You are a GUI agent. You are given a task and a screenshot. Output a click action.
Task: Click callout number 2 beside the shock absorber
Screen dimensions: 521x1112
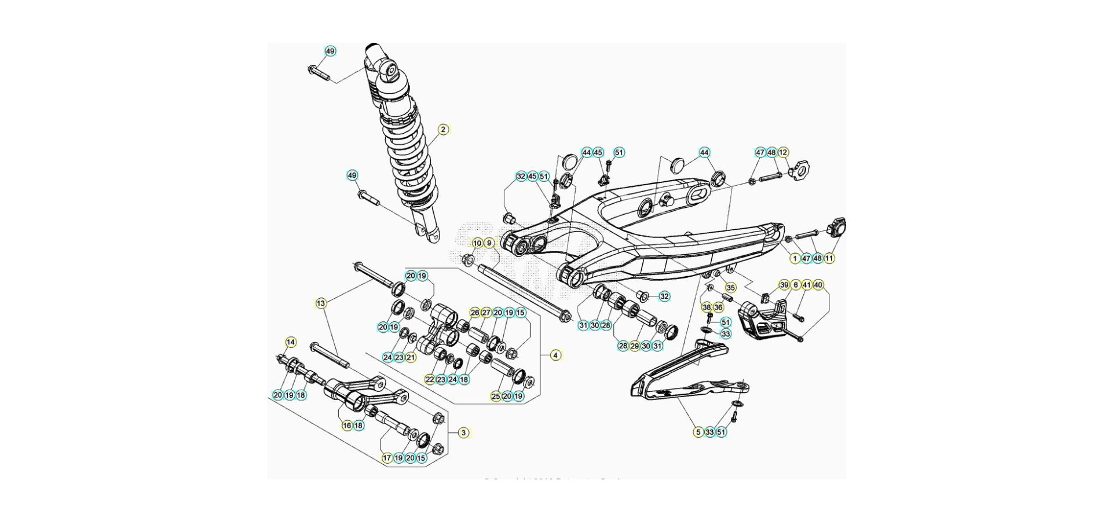pos(443,130)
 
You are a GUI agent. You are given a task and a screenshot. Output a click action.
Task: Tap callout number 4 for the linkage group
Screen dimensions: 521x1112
pos(555,355)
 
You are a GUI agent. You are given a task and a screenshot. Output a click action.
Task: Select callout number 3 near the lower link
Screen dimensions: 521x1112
pos(463,432)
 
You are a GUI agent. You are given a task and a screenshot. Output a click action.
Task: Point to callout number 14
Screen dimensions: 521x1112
pos(291,342)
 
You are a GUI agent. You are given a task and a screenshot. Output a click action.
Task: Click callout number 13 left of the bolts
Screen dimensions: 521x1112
pos(321,303)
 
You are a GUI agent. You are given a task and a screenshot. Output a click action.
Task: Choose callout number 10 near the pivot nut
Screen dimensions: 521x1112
pos(477,243)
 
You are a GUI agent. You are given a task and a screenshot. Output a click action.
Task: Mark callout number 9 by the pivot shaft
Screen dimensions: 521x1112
pos(489,243)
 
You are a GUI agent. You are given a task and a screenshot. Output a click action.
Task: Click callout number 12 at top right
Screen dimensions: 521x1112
pos(783,152)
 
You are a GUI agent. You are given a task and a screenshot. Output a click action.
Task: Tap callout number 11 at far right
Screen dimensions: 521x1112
pos(829,258)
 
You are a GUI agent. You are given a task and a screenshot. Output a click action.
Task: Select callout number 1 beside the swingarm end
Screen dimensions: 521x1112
pos(795,258)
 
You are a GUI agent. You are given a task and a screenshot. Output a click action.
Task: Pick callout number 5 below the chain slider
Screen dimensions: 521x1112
pos(698,432)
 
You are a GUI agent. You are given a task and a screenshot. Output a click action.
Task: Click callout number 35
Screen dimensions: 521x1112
pos(730,288)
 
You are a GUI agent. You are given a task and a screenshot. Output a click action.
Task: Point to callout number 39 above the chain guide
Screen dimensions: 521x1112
pos(784,285)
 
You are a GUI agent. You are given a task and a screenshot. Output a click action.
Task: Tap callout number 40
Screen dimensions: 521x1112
pos(818,285)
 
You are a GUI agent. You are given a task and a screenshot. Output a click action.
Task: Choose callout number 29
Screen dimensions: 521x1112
pos(634,346)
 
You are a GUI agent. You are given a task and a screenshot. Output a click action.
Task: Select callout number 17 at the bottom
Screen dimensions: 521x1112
pos(387,458)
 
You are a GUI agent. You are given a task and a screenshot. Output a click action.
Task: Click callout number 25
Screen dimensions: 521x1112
pos(496,396)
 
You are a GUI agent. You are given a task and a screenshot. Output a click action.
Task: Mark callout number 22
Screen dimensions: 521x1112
pos(430,379)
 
